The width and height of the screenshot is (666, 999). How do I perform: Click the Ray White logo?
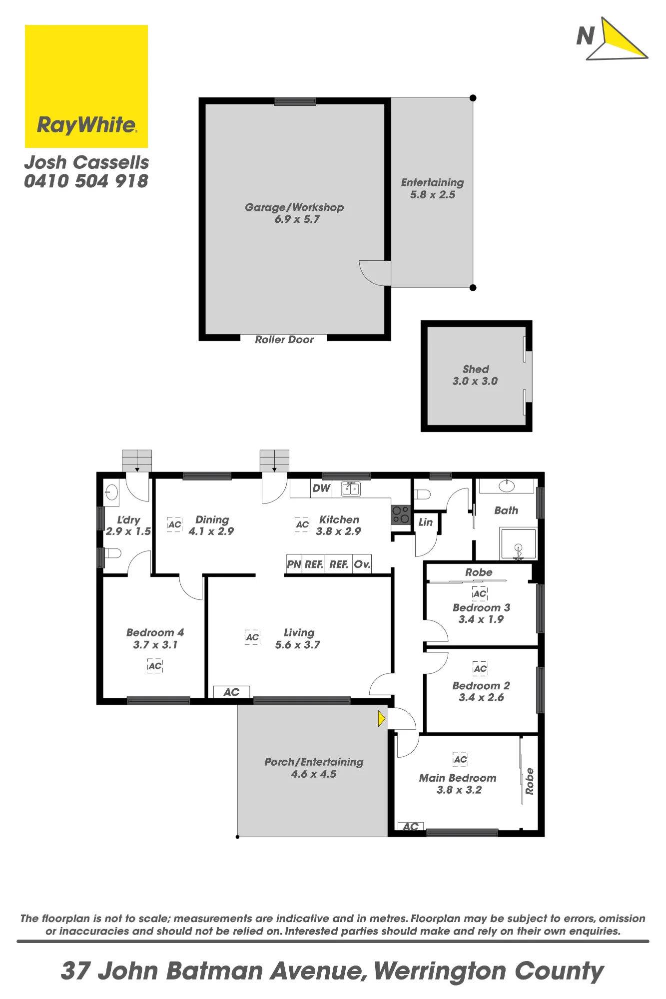point(86,86)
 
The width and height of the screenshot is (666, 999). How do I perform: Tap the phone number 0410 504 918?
point(86,181)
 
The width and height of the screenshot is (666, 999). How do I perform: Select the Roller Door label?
point(284,340)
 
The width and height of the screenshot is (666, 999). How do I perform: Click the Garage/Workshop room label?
point(294,207)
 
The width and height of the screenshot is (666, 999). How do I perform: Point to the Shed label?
point(476,369)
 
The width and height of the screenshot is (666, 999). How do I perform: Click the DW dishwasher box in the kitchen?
point(321,488)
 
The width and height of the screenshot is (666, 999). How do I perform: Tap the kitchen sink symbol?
point(351,489)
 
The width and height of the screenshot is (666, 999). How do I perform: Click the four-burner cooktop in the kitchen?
point(401,514)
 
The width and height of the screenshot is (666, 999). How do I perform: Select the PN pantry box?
point(294,564)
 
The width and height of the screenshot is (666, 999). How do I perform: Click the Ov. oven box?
point(362,564)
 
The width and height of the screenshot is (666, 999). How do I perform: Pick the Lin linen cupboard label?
point(426,522)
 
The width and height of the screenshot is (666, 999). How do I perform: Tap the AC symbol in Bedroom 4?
point(155,666)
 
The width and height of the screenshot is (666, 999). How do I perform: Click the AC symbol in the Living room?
point(252,637)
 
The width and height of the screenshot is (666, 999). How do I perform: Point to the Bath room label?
point(506,510)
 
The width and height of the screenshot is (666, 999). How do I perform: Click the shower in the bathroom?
point(518,543)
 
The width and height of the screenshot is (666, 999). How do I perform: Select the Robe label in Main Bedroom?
point(530,781)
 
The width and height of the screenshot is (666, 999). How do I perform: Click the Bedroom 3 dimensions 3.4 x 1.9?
point(481,619)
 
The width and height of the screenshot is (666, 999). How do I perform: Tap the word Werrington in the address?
point(440,971)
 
